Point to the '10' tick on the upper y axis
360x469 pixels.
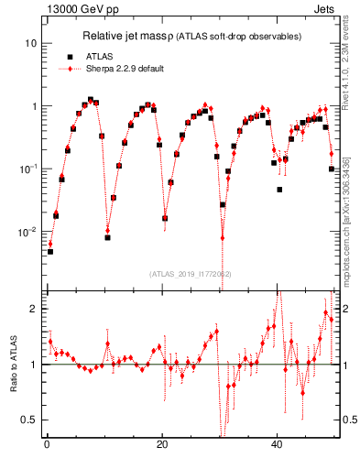(30, 44)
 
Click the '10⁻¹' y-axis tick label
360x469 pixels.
(27, 169)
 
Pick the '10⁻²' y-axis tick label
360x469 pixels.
(27, 232)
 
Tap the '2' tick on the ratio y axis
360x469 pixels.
(33, 309)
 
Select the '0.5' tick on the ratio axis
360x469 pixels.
(29, 420)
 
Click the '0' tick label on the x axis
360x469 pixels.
(46, 446)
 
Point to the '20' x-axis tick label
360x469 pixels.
(161, 446)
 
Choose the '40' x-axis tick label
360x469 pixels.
(277, 446)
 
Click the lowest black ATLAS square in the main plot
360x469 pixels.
(50, 251)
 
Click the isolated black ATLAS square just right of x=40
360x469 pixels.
(279, 190)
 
